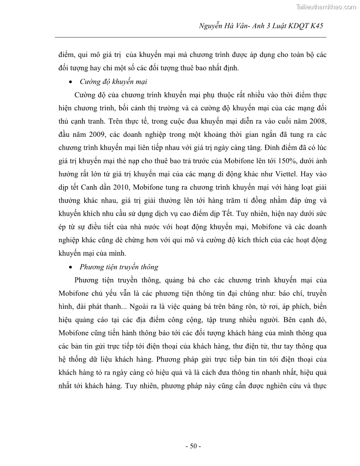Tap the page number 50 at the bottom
point(193,446)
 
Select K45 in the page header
point(315,26)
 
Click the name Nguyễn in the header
point(212,26)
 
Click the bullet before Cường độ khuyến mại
point(71,83)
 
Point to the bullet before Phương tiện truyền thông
point(71,267)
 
